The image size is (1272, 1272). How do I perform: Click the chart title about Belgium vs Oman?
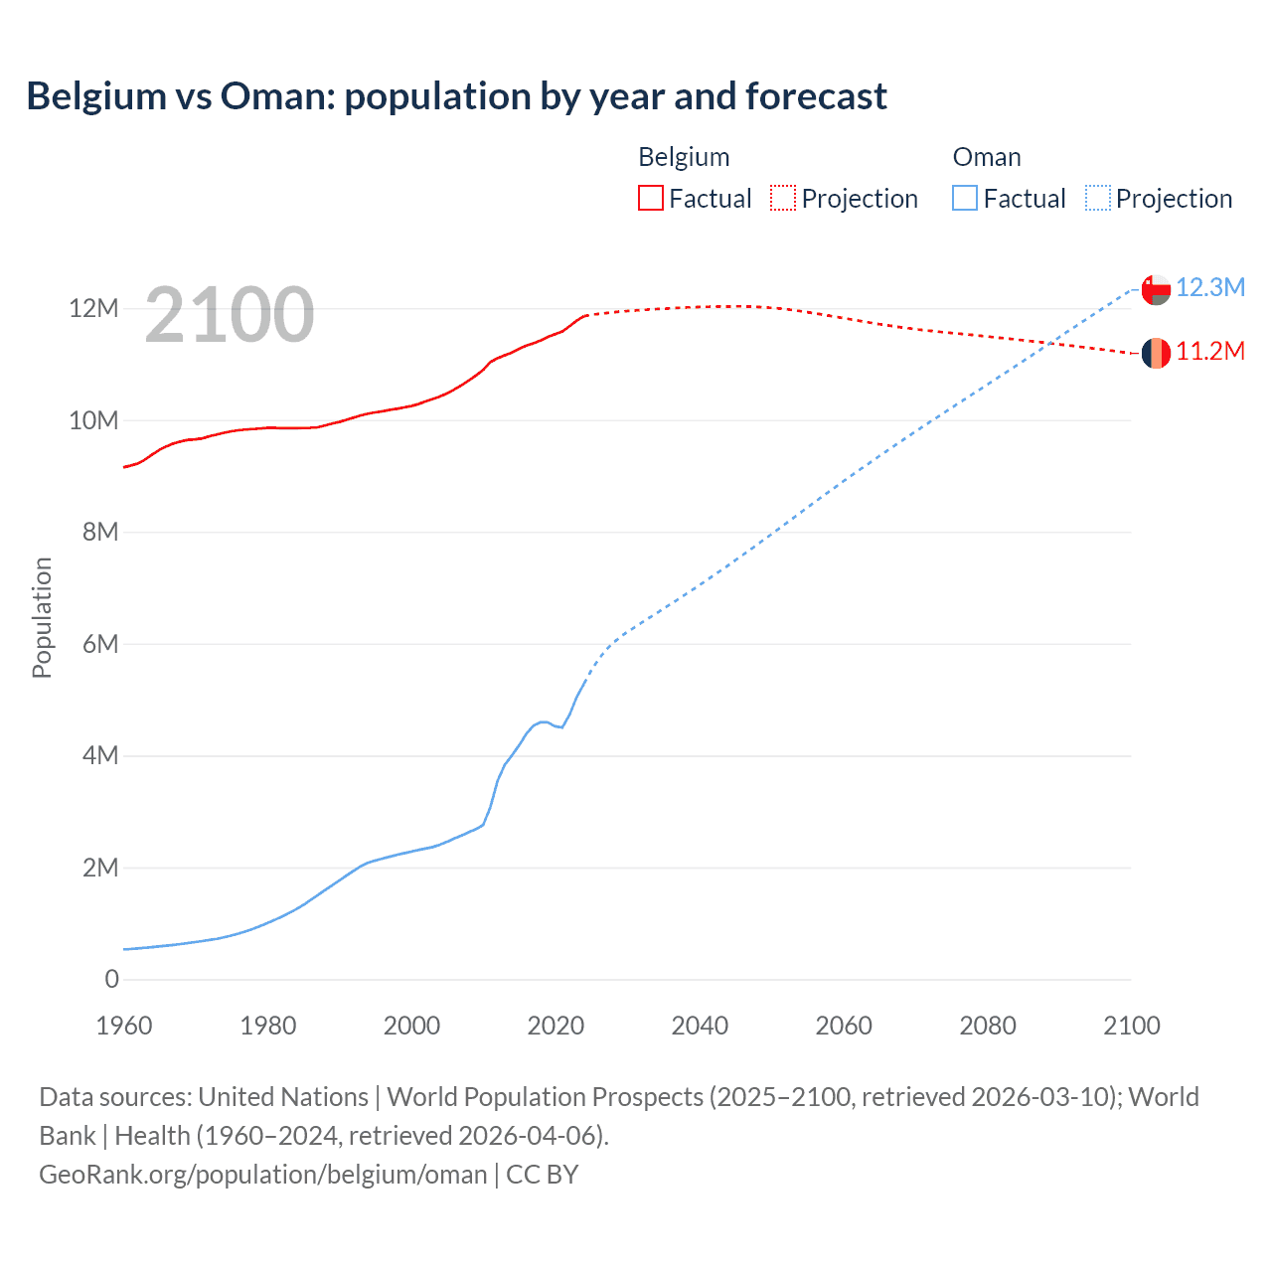click(x=456, y=96)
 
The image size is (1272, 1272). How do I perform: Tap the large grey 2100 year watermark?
click(x=230, y=315)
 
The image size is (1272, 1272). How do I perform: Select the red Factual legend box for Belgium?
click(x=650, y=198)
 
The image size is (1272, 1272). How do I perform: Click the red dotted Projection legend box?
click(x=783, y=198)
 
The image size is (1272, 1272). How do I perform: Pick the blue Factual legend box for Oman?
click(x=964, y=198)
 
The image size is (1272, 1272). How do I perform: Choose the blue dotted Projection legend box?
click(x=1097, y=198)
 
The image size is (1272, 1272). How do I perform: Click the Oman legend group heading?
click(x=986, y=157)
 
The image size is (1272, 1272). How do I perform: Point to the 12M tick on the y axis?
click(x=93, y=309)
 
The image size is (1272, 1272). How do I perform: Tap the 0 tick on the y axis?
click(x=111, y=979)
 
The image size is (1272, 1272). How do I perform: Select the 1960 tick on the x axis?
click(x=124, y=1026)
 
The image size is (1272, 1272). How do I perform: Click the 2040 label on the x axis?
click(x=700, y=1026)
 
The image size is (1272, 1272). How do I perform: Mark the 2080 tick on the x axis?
click(x=988, y=1026)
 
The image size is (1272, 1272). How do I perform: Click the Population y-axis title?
click(x=42, y=617)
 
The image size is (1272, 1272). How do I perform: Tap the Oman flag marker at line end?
click(x=1156, y=289)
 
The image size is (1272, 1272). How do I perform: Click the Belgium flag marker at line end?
click(x=1156, y=353)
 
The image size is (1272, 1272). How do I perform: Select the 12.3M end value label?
click(x=1209, y=287)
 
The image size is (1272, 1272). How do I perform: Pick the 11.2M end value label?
click(x=1209, y=351)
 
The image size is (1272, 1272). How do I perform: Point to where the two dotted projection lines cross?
click(x=1049, y=344)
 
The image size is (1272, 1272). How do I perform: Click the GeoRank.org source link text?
click(x=262, y=1175)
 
